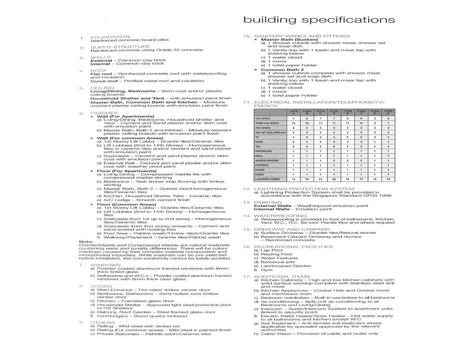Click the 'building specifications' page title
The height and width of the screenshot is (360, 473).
pyautogui.click(x=319, y=20)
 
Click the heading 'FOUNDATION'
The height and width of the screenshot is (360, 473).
pyautogui.click(x=110, y=37)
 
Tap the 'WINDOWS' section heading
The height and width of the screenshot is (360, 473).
pyautogui.click(x=105, y=265)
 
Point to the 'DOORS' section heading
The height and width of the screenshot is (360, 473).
pyautogui.click(x=102, y=286)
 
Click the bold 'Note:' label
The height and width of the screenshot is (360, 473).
pyautogui.click(x=86, y=242)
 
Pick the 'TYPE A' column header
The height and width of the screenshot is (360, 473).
pyautogui.click(x=293, y=112)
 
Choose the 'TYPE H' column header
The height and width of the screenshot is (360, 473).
pyautogui.click(x=388, y=112)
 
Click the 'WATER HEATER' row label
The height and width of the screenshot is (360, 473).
pyautogui.click(x=267, y=160)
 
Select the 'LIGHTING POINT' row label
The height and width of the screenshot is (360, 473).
pyautogui.click(x=268, y=179)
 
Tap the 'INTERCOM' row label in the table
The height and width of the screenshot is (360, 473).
pyautogui.click(x=264, y=151)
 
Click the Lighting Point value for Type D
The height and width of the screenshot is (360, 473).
pyautogui.click(x=334, y=179)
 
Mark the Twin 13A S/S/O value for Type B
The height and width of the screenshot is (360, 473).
pyautogui.click(x=307, y=123)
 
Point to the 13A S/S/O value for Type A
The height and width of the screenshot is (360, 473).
pyautogui.click(x=293, y=118)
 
